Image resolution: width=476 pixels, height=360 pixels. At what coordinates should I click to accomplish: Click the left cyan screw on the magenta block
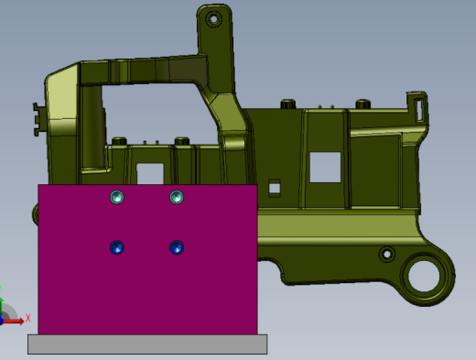pos(117,197)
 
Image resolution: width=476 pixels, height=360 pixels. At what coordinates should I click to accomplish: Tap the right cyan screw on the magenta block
pos(177,197)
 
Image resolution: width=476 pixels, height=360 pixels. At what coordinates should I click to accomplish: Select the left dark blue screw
pos(117,247)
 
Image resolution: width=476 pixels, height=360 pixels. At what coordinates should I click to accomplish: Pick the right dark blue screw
pos(177,247)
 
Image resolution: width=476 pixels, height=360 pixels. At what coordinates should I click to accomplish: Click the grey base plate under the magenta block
pos(147,344)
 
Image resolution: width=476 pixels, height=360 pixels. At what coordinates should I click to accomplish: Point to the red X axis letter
pos(28,318)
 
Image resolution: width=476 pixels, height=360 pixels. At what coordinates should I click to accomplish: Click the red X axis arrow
pos(13,322)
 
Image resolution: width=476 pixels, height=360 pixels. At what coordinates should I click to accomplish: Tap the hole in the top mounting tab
pos(213,19)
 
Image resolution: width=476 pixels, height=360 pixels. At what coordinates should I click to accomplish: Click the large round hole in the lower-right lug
pos(424,277)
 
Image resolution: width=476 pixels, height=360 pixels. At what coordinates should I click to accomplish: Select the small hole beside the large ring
pos(387,254)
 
